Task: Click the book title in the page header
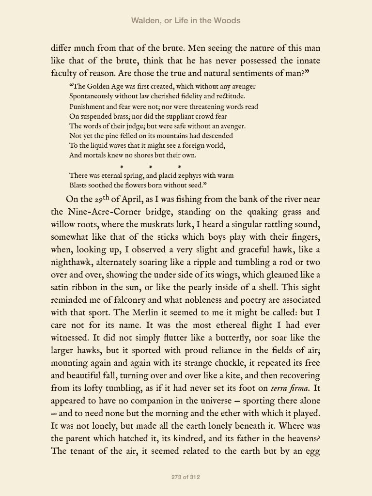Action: pos(186,20)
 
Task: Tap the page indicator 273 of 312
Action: pos(186,477)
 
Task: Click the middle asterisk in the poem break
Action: pos(151,167)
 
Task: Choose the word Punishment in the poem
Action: pos(87,107)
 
